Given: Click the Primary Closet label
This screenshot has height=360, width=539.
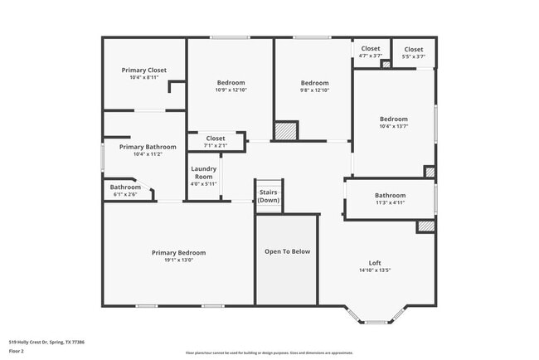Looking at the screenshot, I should click(143, 71).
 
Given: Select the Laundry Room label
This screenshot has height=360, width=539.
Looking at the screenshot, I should click(204, 173).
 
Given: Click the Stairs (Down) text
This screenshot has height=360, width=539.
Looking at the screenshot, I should click(268, 196).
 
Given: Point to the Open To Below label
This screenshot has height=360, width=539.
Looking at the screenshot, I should click(287, 251).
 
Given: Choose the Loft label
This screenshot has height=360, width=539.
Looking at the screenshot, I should click(375, 263).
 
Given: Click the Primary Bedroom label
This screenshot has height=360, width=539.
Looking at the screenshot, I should click(178, 253).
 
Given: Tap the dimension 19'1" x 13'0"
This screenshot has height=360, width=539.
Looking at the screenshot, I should click(178, 260).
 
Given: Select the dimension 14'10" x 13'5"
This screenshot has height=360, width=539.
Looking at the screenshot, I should click(375, 270).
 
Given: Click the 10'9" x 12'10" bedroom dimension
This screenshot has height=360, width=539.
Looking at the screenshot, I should click(231, 90).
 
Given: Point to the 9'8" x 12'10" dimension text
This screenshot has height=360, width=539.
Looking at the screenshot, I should click(314, 90).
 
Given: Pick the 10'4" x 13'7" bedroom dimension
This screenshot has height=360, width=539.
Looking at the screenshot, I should click(394, 126).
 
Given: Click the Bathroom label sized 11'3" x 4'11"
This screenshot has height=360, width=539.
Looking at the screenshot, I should click(390, 196).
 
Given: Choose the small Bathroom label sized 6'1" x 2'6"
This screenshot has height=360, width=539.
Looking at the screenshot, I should click(125, 187).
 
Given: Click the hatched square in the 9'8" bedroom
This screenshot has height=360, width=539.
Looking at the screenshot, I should click(286, 131).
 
